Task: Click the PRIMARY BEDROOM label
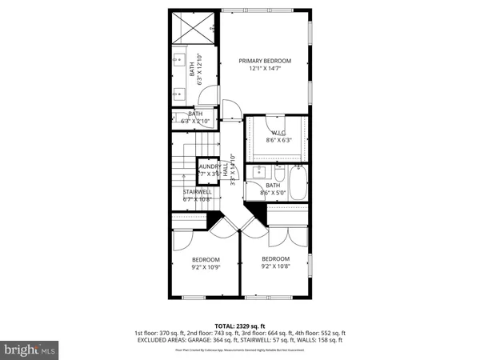click(x=265, y=61)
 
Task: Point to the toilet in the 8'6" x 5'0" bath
click(x=278, y=174)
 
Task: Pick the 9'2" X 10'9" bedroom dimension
click(x=206, y=268)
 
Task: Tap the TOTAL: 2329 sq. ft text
click(x=240, y=326)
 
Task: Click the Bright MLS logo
click(x=30, y=349)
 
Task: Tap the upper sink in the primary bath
click(x=178, y=59)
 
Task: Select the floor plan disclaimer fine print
click(x=240, y=350)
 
